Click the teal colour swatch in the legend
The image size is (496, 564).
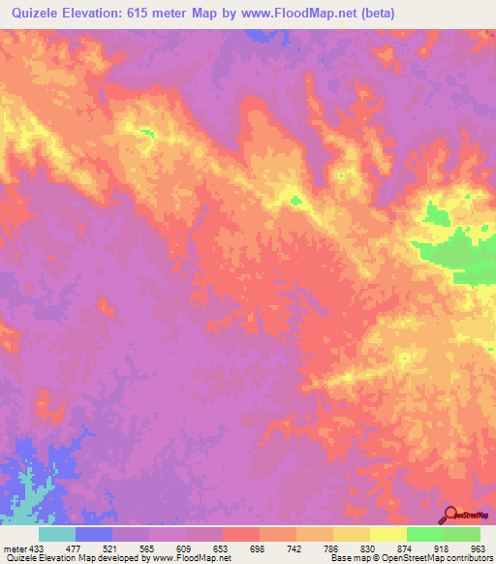pos(57,534)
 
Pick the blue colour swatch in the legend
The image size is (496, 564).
pos(94,534)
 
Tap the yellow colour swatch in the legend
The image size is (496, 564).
pos(387,534)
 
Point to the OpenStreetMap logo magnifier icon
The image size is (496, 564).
pos(449,515)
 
